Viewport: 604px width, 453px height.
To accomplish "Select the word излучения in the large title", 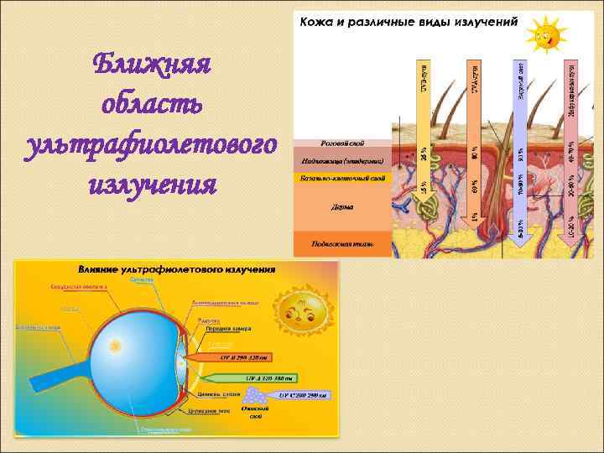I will pyautogui.click(x=152, y=181).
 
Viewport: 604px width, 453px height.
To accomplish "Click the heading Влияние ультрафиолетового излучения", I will pyautogui.click(x=177, y=269).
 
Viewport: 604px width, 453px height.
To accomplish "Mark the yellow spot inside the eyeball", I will pyautogui.click(x=117, y=345).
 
